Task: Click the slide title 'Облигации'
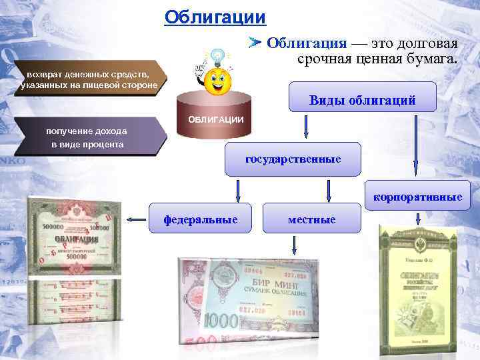click(215, 17)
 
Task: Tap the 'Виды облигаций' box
click(362, 101)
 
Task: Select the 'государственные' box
click(293, 159)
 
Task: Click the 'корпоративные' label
click(417, 197)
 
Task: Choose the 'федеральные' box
click(201, 219)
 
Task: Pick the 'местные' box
click(311, 219)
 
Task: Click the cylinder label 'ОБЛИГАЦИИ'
click(216, 119)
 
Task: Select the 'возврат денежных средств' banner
click(88, 78)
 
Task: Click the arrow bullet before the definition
click(255, 43)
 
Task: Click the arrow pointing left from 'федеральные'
click(138, 219)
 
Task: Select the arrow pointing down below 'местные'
click(294, 247)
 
